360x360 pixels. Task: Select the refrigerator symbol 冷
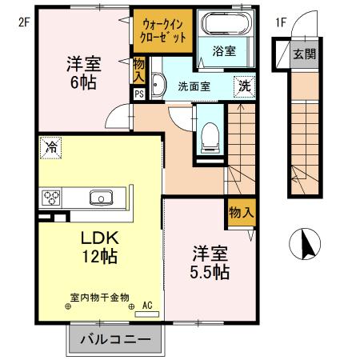tap(51, 146)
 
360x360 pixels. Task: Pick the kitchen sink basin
tap(102, 198)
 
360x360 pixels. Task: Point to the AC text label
tap(147, 305)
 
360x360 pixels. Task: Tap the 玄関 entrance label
tap(304, 54)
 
